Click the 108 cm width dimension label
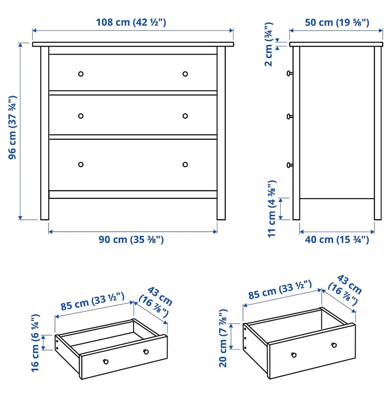131,22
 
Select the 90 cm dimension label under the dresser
131,240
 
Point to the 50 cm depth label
337,22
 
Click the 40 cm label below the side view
337,240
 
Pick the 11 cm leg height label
272,209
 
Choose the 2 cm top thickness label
269,44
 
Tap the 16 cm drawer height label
35,343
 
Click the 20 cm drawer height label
223,338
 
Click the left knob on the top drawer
81,74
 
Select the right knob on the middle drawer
185,116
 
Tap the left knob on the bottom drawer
81,164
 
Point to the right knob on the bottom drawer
185,164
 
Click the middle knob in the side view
290,117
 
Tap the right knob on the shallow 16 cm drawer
146,351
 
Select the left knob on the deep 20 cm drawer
294,355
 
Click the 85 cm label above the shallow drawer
93,302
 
